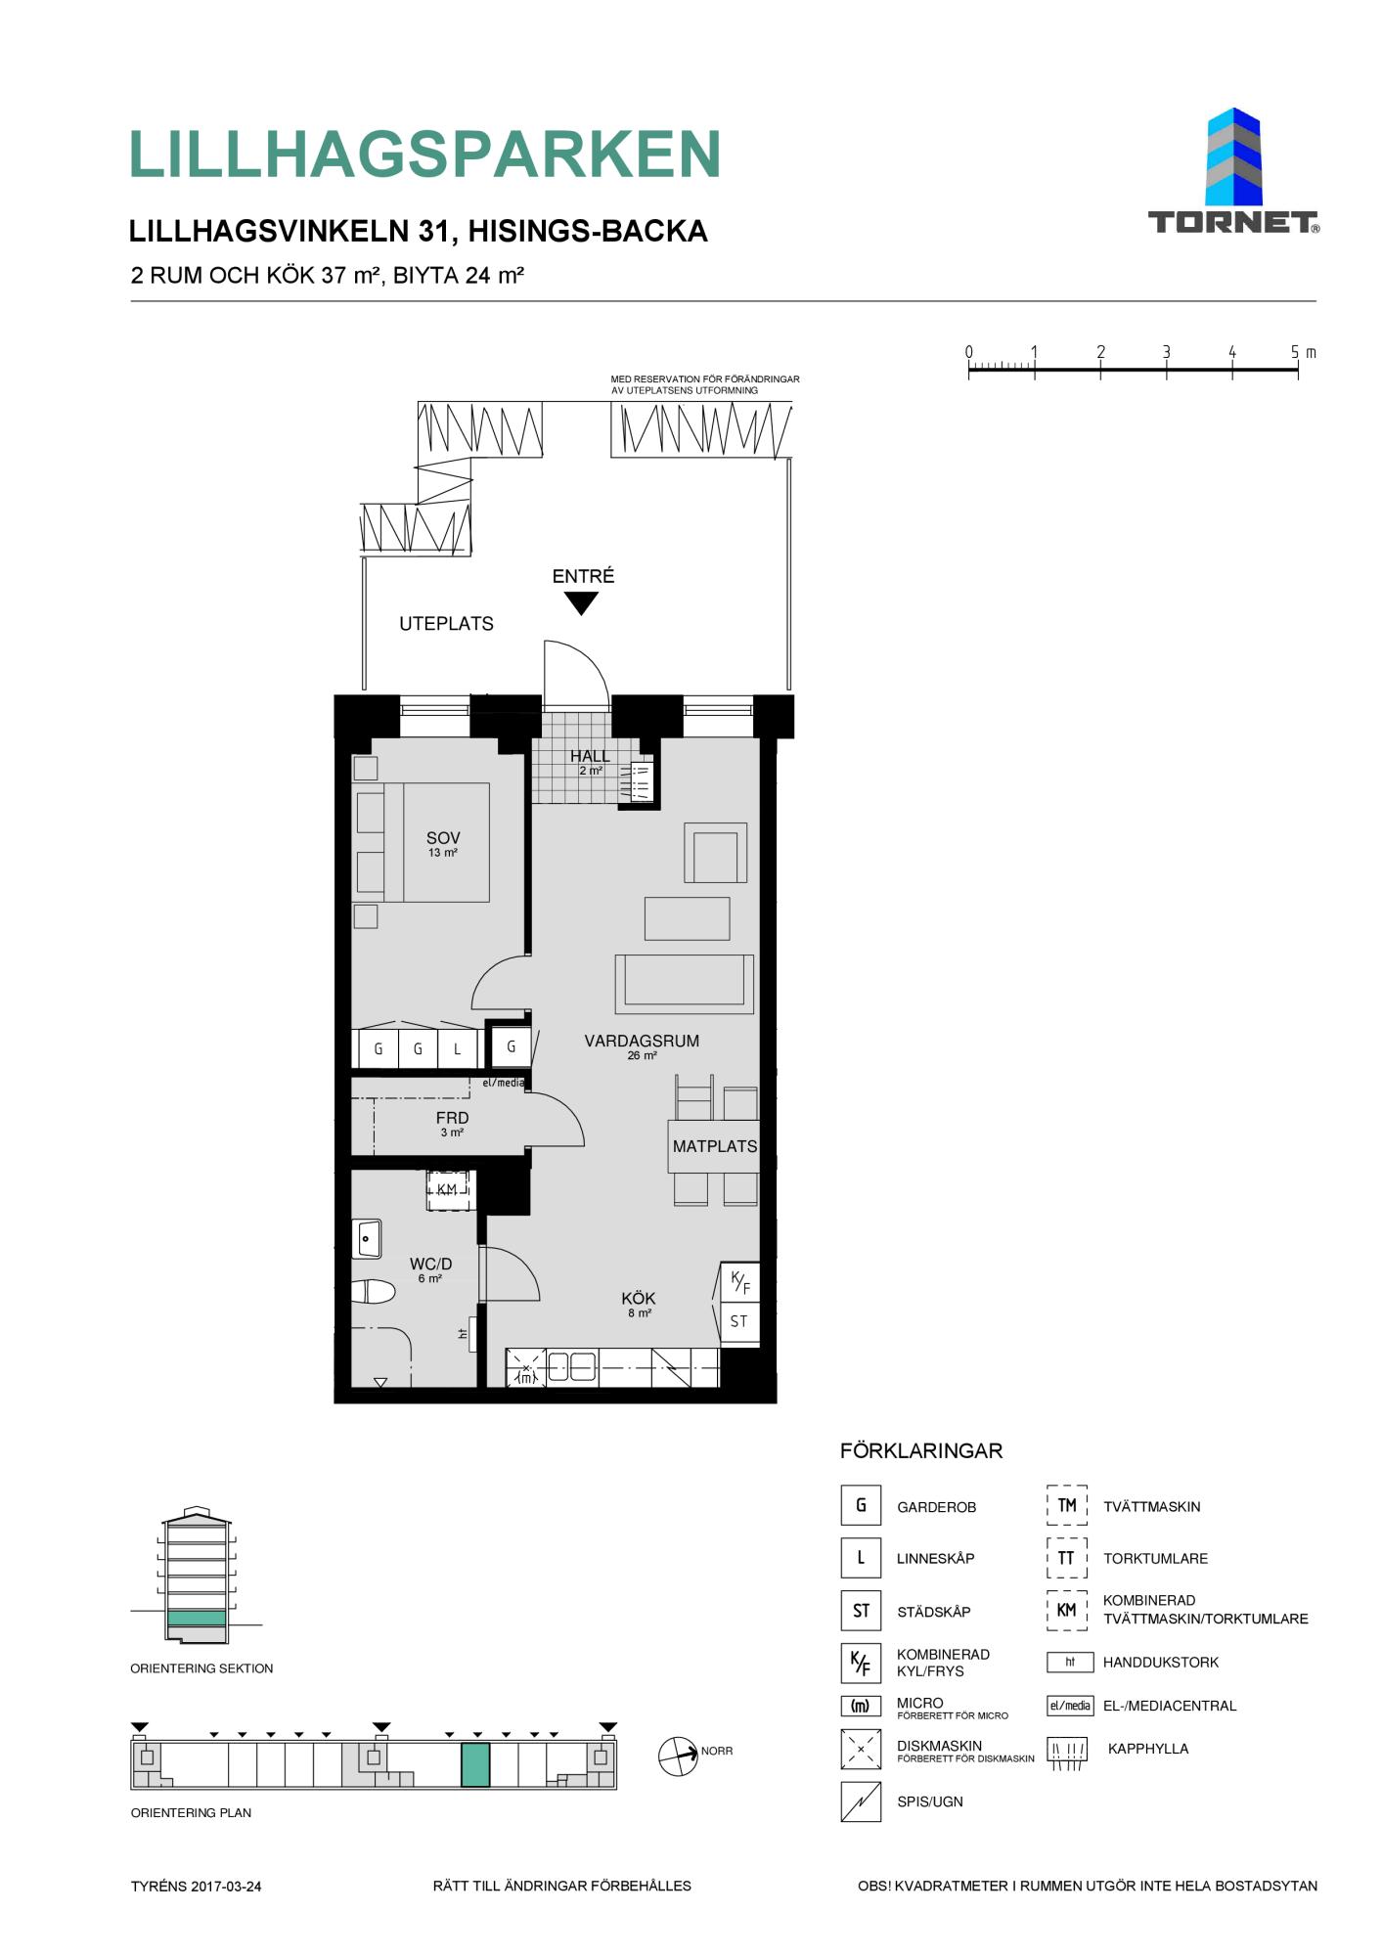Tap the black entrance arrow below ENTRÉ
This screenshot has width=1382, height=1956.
point(582,603)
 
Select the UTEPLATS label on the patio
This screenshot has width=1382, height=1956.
point(446,624)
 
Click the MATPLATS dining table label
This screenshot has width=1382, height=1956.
point(715,1146)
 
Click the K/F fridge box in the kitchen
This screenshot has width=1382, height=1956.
point(739,1282)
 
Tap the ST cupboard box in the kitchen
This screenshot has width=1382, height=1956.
point(739,1322)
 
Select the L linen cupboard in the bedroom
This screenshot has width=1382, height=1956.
point(457,1049)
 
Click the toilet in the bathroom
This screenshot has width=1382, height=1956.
point(373,1293)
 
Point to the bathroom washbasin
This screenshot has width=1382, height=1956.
point(368,1239)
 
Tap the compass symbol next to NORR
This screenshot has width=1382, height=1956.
point(678,1756)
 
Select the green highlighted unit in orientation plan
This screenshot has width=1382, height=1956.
point(475,1764)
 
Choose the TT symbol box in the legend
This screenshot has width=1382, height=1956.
point(1066,1558)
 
